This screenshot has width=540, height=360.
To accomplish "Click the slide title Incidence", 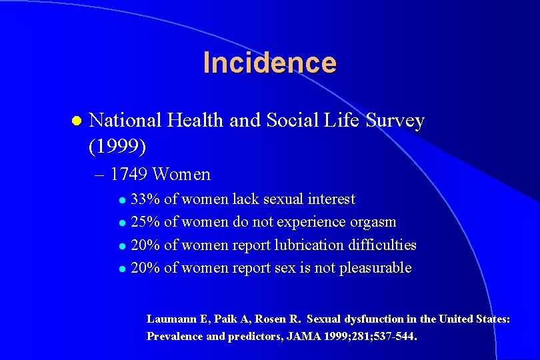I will pos(269,63).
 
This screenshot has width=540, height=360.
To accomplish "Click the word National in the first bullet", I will pos(125,121).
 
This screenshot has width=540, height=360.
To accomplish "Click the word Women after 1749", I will pos(181,175).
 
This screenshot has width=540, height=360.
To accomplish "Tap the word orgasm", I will pos(372,222).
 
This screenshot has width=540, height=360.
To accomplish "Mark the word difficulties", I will pos(382,245).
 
